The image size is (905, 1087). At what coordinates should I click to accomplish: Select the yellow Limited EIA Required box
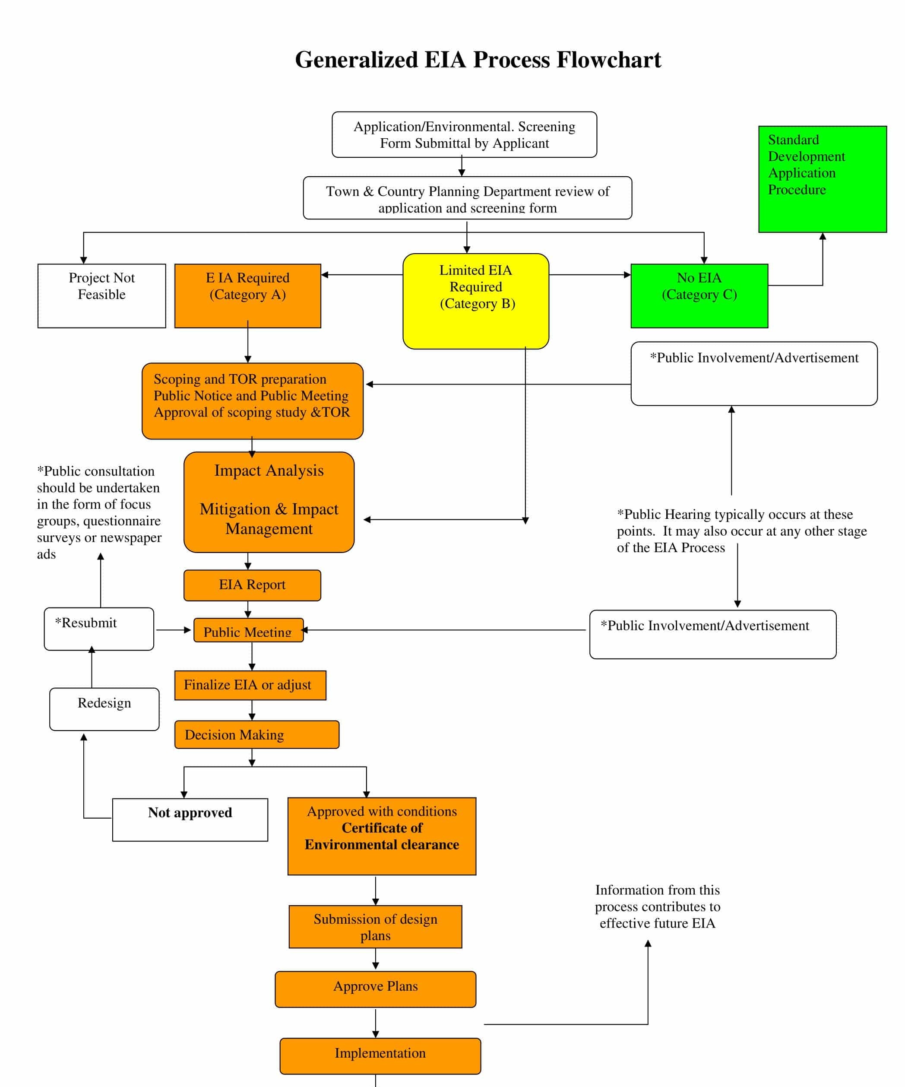point(475,301)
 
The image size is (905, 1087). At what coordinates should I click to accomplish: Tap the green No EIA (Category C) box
point(699,296)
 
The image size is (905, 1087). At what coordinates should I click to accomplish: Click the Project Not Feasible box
point(101,296)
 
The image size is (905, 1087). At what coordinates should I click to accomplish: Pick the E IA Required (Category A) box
point(247,296)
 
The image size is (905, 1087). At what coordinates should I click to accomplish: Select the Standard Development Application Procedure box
point(822,179)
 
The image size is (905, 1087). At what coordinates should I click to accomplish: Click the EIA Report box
point(252,585)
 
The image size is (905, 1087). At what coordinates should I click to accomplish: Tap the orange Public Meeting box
point(248,630)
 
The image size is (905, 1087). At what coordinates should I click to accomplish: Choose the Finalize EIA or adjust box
point(250,685)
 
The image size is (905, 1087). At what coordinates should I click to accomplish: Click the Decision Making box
point(256,734)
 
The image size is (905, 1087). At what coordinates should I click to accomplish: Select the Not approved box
point(190,820)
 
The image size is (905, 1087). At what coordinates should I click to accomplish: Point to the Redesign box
point(104,709)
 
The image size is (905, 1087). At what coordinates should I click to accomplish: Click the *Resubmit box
point(99,628)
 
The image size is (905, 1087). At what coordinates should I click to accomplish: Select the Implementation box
point(380,1056)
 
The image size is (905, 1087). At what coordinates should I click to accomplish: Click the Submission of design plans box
point(375,927)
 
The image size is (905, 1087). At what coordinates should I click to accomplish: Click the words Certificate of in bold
point(381,828)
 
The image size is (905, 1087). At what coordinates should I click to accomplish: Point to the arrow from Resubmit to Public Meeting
point(173,630)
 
